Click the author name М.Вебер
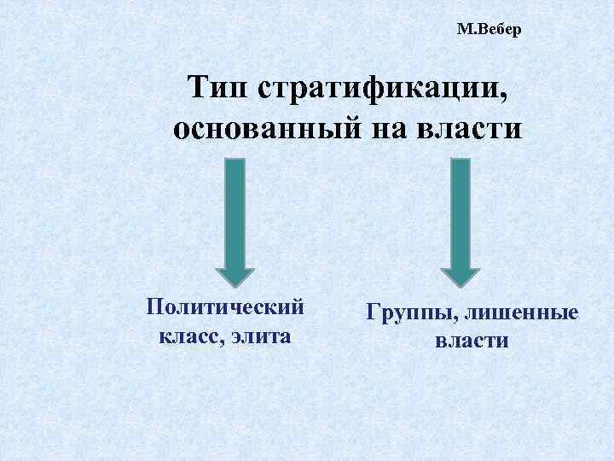click(488, 31)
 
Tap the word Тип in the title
click(217, 88)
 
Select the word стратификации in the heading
click(380, 89)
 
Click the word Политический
click(225, 306)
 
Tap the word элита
click(259, 336)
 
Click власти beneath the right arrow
click(472, 341)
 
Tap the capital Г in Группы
click(373, 312)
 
